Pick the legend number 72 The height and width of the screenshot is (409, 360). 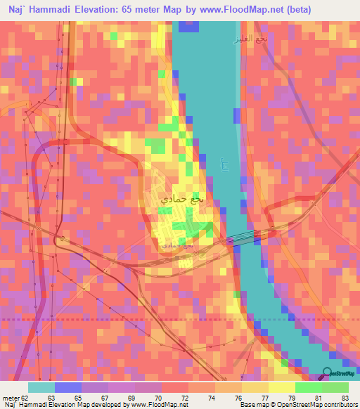pyautogui.click(x=184, y=397)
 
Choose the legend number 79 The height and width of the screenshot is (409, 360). pyautogui.click(x=292, y=397)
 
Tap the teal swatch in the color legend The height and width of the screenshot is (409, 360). pyautogui.click(x=41, y=387)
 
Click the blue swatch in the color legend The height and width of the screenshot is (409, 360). pyautogui.click(x=67, y=387)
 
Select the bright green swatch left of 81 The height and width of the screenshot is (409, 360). pyautogui.click(x=308, y=387)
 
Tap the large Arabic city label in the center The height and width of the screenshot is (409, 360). pyautogui.click(x=184, y=200)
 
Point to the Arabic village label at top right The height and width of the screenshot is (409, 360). pyautogui.click(x=252, y=39)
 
